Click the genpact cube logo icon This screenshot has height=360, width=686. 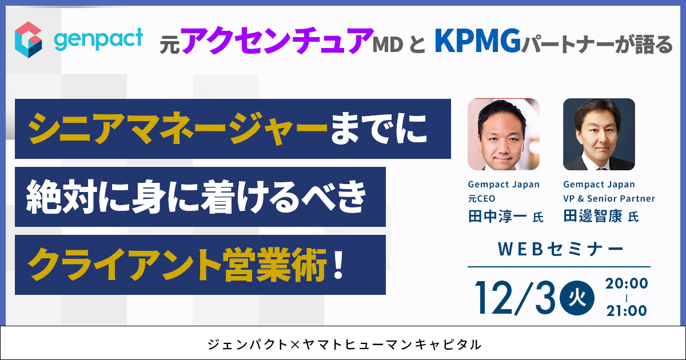pos(29,40)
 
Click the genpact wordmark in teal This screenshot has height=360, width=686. pos(98,39)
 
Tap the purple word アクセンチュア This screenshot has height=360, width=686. pos(277,41)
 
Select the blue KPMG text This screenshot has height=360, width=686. pos(478,41)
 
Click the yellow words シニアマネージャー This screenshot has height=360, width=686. pos(178,129)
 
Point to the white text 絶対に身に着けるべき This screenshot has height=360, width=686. pos(196,197)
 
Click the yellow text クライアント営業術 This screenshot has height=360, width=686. pos(177,265)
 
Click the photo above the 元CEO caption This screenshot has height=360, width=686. pos(504,134)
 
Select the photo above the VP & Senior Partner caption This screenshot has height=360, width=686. pos(599,134)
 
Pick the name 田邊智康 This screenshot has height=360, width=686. pos(593,217)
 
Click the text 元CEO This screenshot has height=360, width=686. pos(481,199)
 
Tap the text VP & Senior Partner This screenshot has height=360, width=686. pos(609,199)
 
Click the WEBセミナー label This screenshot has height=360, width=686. pos(561,249)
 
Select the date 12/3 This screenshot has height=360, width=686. pos(515,298)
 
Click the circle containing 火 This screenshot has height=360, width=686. pos(577,298)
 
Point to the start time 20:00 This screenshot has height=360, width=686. pos(627,283)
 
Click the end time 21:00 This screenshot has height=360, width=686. pos(627,311)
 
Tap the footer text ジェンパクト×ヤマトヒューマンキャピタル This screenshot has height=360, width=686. pos(345,345)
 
